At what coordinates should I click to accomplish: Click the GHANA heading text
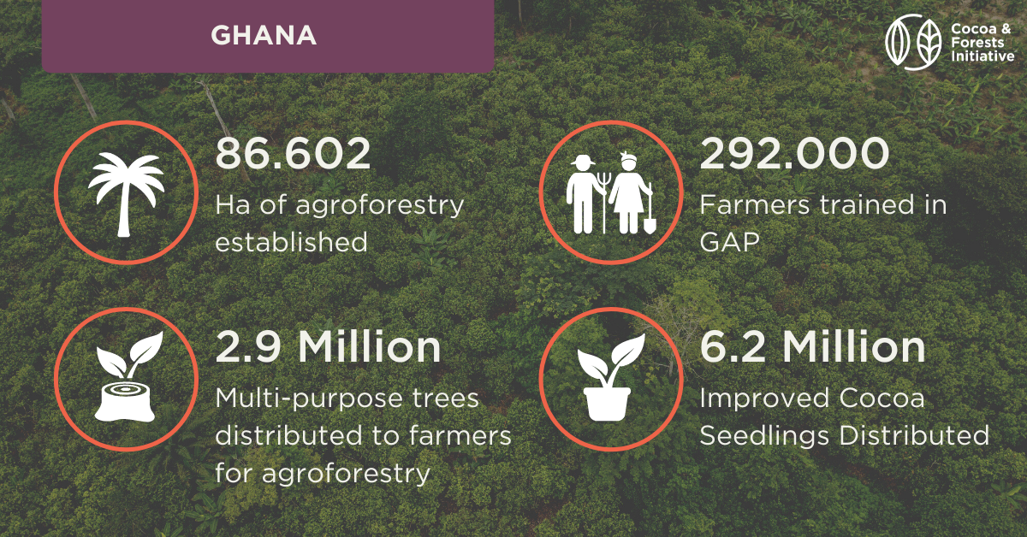[x=264, y=35]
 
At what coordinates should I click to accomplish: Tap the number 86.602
[x=293, y=154]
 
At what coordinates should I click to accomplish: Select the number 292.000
[x=794, y=154]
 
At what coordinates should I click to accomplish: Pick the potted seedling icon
[x=610, y=378]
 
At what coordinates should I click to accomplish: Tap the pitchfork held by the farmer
[x=604, y=202]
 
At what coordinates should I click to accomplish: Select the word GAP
[x=729, y=242]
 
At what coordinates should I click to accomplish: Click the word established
[x=292, y=242]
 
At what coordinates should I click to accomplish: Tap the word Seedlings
[x=764, y=436]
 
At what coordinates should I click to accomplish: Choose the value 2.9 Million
[x=329, y=347]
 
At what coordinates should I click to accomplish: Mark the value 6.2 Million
[x=813, y=347]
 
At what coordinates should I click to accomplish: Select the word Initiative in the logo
[x=982, y=56]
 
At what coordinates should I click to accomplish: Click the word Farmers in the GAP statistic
[x=755, y=205]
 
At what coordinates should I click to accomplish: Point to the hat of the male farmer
[x=583, y=161]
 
